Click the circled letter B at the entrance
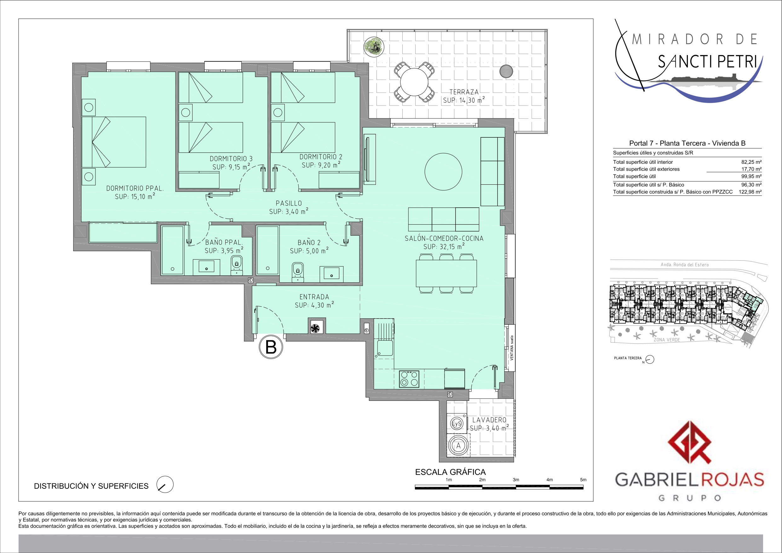tap(271, 347)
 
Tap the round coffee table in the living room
tap(443, 171)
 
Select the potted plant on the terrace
tap(374, 47)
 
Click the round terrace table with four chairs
tap(414, 82)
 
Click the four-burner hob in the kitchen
tap(409, 379)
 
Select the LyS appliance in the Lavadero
tap(457, 423)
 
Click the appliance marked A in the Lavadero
tap(458, 446)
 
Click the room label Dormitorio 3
tap(231, 159)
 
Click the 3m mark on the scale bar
tap(516, 480)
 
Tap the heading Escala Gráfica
tap(450, 472)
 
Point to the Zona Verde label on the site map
tap(667, 340)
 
